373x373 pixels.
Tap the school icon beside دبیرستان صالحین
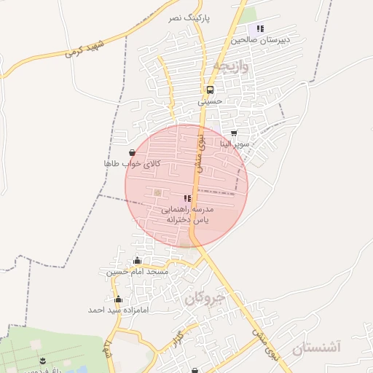click(260, 28)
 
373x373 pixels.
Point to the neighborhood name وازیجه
click(232, 67)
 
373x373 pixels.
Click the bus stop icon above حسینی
click(210, 91)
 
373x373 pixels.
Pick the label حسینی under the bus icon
click(211, 103)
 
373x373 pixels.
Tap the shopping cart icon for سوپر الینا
click(234, 134)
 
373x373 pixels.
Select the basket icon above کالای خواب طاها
click(131, 153)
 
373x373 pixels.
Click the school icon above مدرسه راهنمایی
click(187, 198)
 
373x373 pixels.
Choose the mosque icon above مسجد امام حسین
click(137, 261)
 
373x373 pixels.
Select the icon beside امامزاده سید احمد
click(118, 299)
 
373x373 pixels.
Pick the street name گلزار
click(176, 337)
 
